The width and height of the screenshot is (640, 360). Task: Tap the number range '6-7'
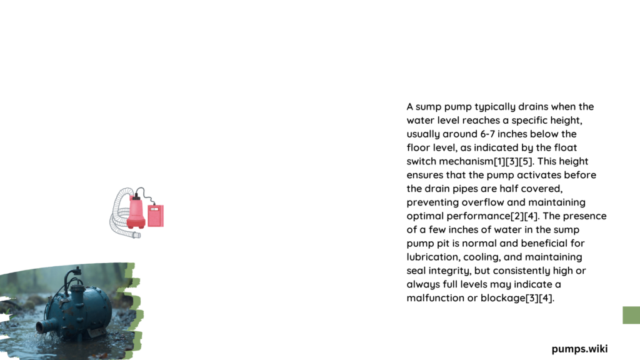[487, 134]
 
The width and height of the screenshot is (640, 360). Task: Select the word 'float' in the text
[565, 147]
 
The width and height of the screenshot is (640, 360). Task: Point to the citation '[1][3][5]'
[513, 161]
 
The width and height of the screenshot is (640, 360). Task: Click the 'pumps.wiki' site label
[579, 349]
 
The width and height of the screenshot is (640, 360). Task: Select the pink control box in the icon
[156, 216]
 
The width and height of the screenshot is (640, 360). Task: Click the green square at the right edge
[631, 315]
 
